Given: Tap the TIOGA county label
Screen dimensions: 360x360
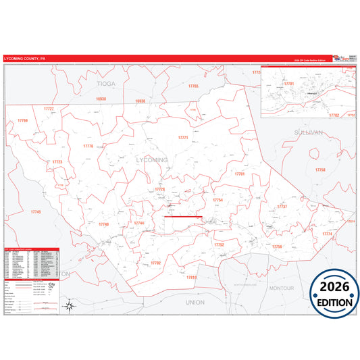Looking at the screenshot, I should [x=106, y=84].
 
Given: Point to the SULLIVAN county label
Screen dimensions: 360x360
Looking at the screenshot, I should [x=309, y=133].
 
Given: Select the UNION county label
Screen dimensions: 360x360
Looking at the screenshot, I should [x=195, y=302].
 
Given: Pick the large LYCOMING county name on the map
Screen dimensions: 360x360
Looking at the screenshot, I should [x=151, y=159].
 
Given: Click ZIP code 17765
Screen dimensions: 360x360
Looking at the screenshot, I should [x=194, y=86].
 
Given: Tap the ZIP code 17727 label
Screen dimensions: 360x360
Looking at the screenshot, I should [x=49, y=109].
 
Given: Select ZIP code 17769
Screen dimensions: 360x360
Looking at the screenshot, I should [x=22, y=121].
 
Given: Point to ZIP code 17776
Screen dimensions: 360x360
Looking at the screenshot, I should [x=89, y=146].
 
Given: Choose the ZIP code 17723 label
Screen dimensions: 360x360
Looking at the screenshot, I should [x=57, y=162].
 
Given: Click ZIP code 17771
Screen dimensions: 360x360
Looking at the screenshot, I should [x=182, y=137].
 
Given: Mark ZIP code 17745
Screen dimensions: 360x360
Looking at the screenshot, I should [x=35, y=212].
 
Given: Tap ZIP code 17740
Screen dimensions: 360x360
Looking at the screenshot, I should [x=103, y=224].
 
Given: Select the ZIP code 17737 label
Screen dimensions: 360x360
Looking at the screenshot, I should [x=282, y=206].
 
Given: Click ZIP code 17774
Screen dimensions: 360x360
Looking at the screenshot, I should [x=327, y=234].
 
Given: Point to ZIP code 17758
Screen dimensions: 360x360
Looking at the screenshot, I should [x=320, y=170].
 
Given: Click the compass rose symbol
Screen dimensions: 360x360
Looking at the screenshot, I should [x=69, y=307].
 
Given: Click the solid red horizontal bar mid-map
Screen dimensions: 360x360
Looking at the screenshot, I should [x=183, y=217].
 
